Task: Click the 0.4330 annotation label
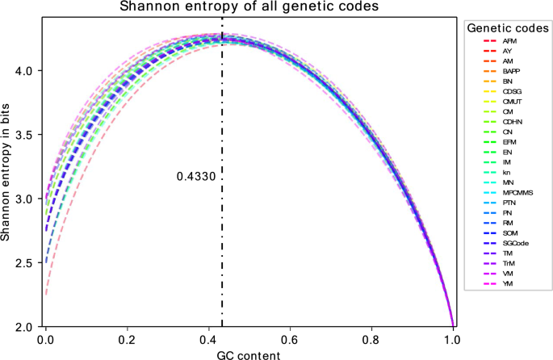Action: click(197, 175)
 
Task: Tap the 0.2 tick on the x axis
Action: click(126, 339)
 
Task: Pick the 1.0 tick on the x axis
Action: click(450, 339)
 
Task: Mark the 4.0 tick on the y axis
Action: click(23, 71)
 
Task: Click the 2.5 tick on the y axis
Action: click(23, 263)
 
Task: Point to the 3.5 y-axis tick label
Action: click(23, 135)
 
